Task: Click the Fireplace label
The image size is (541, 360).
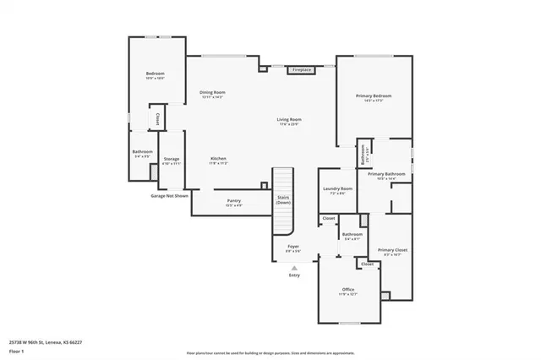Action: [302, 69]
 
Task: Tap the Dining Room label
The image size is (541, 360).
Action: [212, 92]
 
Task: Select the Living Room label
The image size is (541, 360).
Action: [289, 120]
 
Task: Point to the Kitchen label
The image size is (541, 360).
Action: [218, 159]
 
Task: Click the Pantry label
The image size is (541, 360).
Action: [233, 201]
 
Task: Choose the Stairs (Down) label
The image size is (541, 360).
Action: [283, 200]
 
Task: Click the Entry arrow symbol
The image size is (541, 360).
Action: [294, 267]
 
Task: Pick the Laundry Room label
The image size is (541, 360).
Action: [336, 189]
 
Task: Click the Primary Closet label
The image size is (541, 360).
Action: [391, 250]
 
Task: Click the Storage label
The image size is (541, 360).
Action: [172, 160]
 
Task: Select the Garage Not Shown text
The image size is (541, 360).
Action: [169, 195]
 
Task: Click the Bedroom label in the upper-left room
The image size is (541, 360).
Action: [155, 74]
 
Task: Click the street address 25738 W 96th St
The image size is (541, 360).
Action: [46, 341]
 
